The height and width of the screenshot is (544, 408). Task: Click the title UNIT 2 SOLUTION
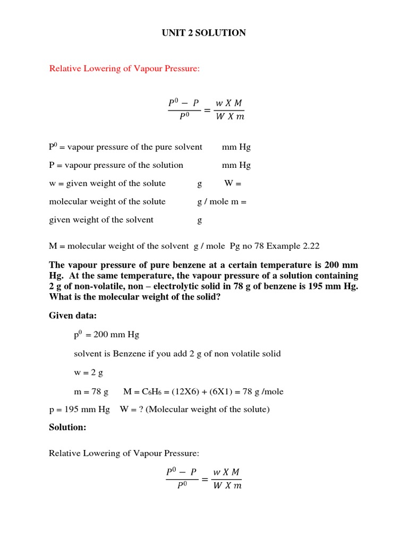coord(204,33)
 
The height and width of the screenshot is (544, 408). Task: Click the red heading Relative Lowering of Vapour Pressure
coord(124,69)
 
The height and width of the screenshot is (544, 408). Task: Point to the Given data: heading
coord(73,316)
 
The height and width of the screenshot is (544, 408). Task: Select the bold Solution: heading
coord(67,427)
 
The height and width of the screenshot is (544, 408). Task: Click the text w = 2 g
coord(88,372)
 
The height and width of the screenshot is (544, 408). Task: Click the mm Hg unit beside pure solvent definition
coord(236,147)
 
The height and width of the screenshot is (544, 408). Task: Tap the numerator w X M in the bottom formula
coord(226,472)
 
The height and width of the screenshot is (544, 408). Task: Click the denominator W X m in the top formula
coord(229,117)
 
